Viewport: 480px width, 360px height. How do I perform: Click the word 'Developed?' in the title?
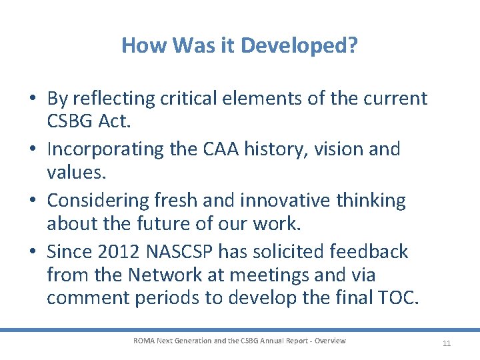[299, 45]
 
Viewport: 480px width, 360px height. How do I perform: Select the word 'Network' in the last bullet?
[173, 275]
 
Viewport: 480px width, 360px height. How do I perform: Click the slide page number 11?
[447, 343]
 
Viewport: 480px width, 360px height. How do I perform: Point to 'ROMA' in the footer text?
[143, 341]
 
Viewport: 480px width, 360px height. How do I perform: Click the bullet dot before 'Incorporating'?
[32, 149]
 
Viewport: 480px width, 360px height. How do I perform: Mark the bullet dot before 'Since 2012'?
[32, 251]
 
